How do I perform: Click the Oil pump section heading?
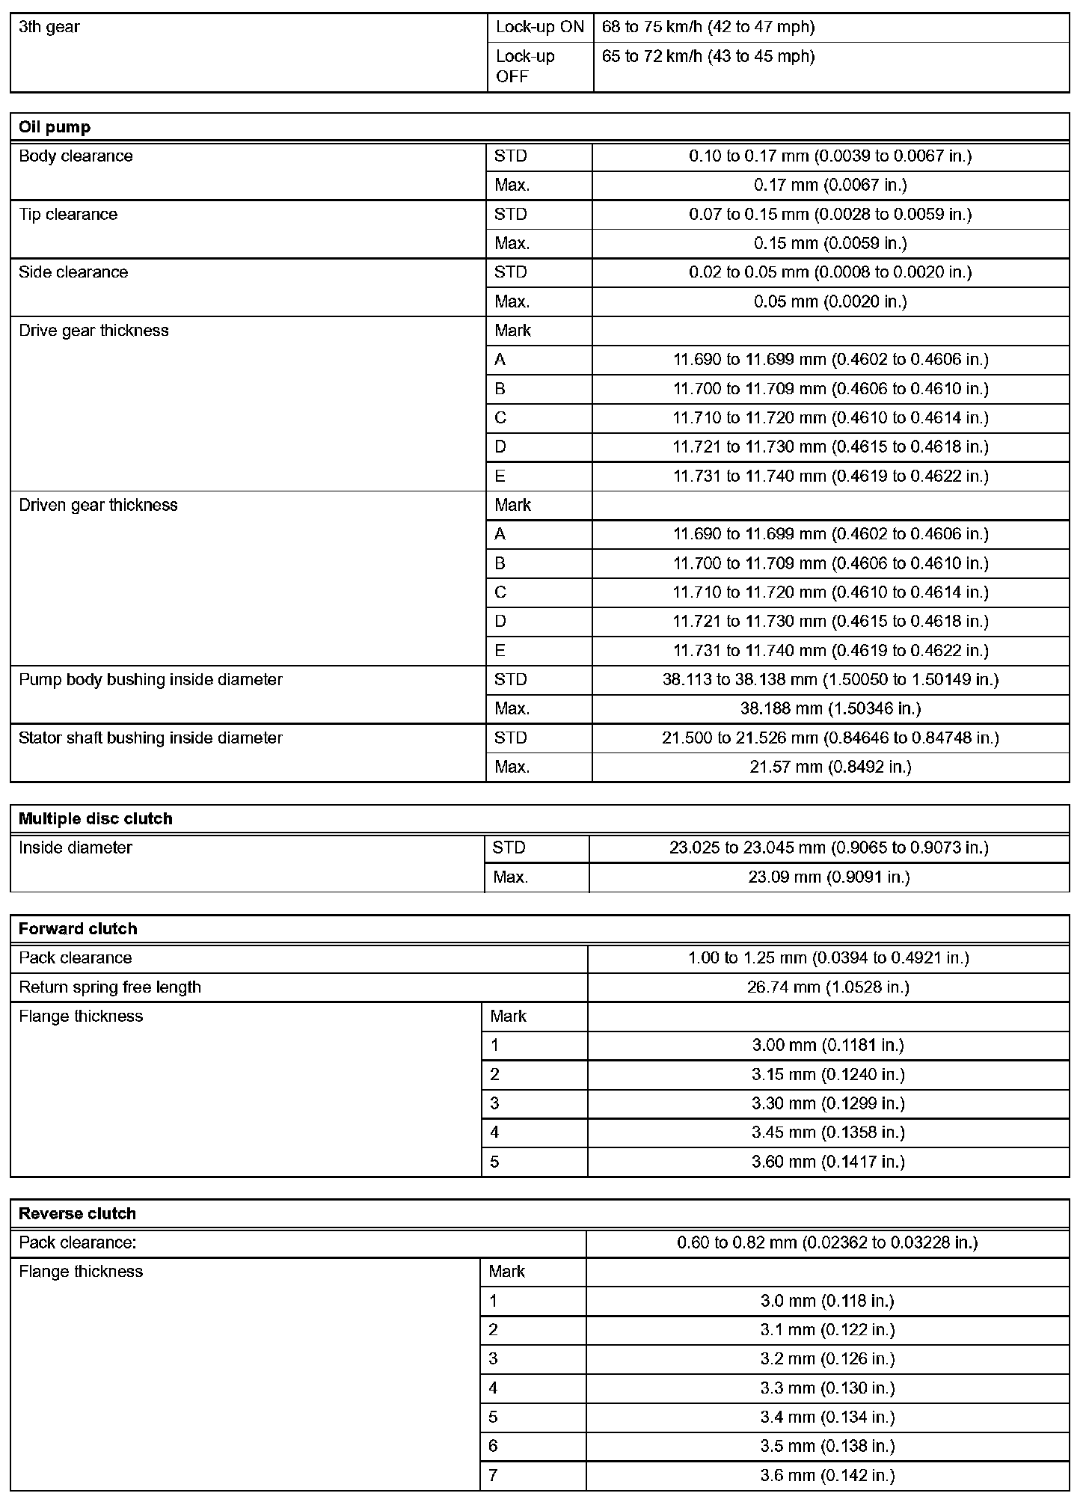[x=55, y=127]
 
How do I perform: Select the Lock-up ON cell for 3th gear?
[x=539, y=28]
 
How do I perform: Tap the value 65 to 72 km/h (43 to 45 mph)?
[x=708, y=57]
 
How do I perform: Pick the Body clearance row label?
[x=76, y=156]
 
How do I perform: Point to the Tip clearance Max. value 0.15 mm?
[x=830, y=244]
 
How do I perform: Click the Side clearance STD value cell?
[x=830, y=272]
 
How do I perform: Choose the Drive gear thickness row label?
[x=93, y=331]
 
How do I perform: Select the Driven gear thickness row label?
[x=98, y=506]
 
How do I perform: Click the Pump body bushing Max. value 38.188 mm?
[x=830, y=708]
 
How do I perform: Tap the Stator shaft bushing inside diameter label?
[x=150, y=738]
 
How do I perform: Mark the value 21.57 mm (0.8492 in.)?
[x=830, y=767]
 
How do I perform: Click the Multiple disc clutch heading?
[x=95, y=819]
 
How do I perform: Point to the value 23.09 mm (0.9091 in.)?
[x=829, y=877]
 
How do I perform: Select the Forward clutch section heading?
[x=78, y=929]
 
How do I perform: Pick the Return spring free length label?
[x=110, y=987]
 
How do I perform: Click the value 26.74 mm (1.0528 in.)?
[x=828, y=987]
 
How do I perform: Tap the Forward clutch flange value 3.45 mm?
[x=828, y=1133]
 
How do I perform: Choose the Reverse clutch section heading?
[x=77, y=1214]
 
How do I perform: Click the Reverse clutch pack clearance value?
[x=827, y=1243]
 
